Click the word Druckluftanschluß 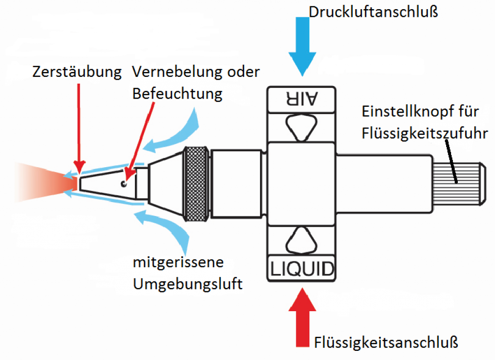point(373,12)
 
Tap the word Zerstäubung point(77,72)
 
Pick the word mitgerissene point(178,263)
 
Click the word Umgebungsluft point(187,284)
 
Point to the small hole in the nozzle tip point(124,184)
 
